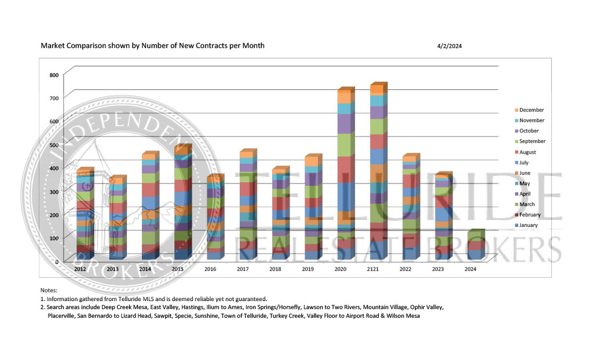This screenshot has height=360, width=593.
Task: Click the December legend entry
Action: click(531, 110)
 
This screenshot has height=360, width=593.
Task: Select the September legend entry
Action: click(531, 141)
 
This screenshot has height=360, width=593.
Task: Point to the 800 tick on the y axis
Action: click(53, 75)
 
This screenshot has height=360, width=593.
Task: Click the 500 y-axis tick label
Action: click(53, 145)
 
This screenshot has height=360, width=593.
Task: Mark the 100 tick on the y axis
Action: click(53, 238)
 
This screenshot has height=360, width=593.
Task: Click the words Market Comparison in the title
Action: click(70, 45)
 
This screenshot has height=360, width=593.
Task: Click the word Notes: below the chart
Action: click(49, 289)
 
